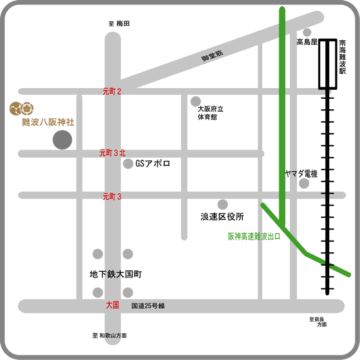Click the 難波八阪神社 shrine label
coord(48,122)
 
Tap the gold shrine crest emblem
coord(21,109)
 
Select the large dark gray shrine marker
coord(62,140)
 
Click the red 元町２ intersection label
coord(112,92)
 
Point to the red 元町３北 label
coord(113,153)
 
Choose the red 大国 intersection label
coord(113,305)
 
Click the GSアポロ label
coord(153,164)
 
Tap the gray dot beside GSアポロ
coord(128,164)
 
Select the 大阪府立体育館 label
coord(210,113)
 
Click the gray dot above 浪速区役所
coord(223,204)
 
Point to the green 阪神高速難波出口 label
coord(254,236)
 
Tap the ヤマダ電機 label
coord(301,174)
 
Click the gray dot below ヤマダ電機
coord(304,184)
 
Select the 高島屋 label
coord(307,42)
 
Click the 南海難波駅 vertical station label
coord(342,57)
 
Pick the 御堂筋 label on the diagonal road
coord(212,56)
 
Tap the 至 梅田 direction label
coord(119,23)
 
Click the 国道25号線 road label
coord(148,306)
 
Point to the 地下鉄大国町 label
coord(116,274)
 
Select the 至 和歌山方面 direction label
coord(109,335)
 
